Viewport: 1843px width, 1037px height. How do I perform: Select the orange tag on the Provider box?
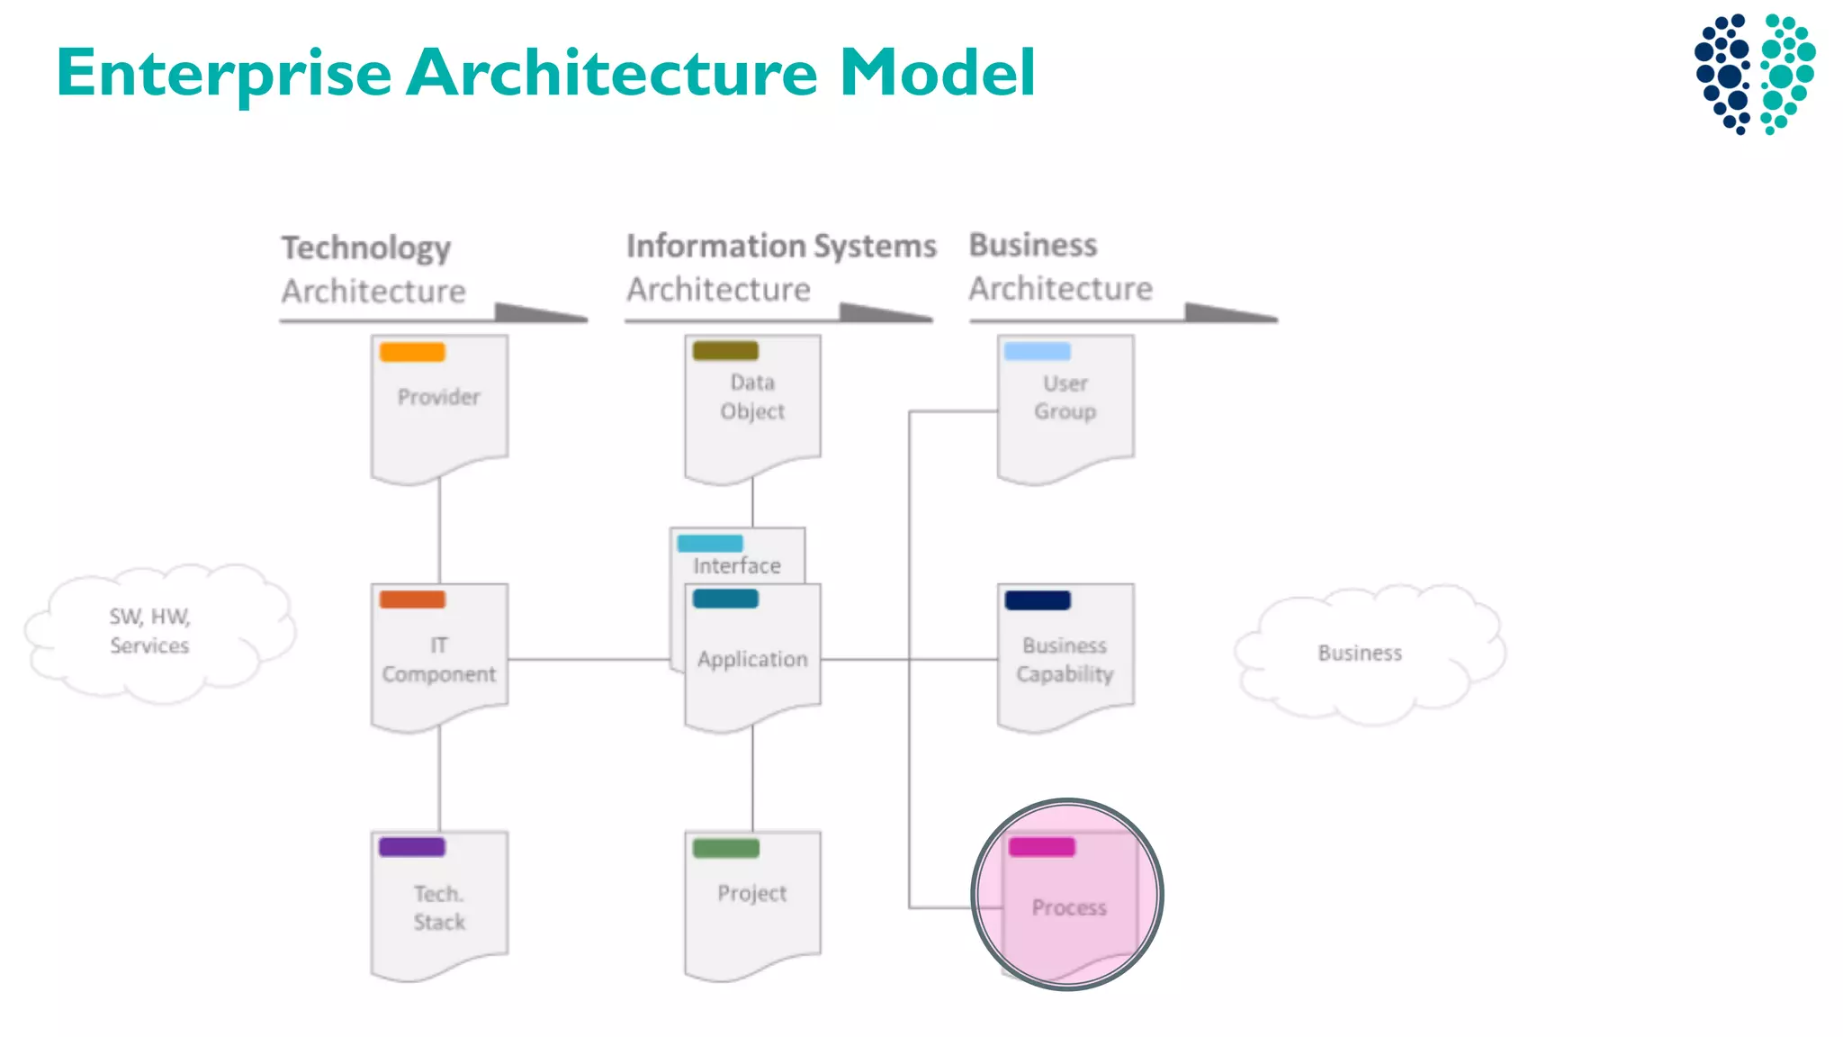[x=412, y=352]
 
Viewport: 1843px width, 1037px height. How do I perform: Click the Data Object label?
[x=752, y=397]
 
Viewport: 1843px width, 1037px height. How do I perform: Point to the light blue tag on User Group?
[x=1037, y=351]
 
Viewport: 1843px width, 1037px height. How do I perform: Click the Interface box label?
[x=736, y=565]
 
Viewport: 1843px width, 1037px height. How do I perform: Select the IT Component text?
[x=438, y=660]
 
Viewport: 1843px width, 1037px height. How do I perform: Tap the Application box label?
[x=752, y=659]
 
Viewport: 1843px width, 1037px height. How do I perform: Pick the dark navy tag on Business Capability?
[x=1037, y=600]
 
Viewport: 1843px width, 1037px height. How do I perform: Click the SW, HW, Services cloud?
[x=149, y=631]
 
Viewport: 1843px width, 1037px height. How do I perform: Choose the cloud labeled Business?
[x=1359, y=653]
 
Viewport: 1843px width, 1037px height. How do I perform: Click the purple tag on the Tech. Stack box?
[x=412, y=847]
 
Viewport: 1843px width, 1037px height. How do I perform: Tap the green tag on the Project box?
[x=725, y=848]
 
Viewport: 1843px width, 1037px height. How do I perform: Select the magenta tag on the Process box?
[x=1041, y=847]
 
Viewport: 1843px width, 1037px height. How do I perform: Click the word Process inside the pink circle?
[x=1068, y=907]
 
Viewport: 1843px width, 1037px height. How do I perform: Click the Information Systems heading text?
[x=781, y=246]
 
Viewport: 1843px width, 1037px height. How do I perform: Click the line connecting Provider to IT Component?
[x=439, y=531]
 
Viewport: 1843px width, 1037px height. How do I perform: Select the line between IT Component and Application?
[x=589, y=659]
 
